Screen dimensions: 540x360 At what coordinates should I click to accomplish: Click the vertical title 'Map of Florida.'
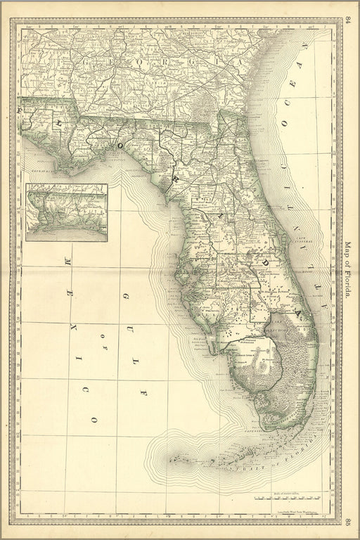[x=347, y=271]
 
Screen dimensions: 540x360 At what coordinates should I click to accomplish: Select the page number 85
[x=349, y=521]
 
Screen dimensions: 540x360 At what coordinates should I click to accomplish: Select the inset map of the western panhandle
[x=67, y=212]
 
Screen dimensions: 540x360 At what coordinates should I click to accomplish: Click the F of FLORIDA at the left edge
[x=20, y=110]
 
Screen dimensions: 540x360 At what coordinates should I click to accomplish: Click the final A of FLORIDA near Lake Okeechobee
[x=297, y=307]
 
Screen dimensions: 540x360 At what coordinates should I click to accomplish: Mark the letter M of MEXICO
[x=68, y=262]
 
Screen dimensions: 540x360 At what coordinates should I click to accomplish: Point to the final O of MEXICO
[x=93, y=419]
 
